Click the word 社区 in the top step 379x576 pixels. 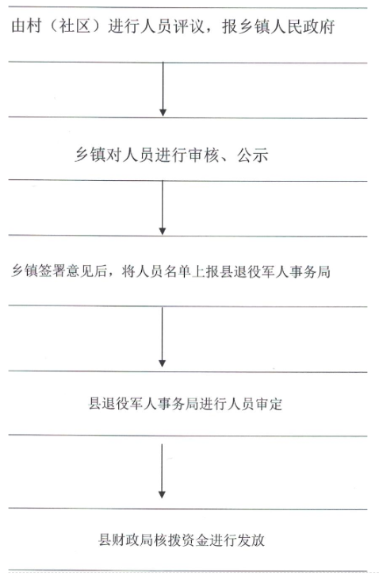(75, 27)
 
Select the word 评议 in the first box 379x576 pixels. (189, 27)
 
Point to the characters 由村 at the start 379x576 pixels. (26, 27)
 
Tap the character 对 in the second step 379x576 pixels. (114, 155)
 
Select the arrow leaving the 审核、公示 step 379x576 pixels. (163, 208)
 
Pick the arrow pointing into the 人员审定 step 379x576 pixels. (162, 336)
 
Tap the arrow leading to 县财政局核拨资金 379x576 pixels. (162, 471)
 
